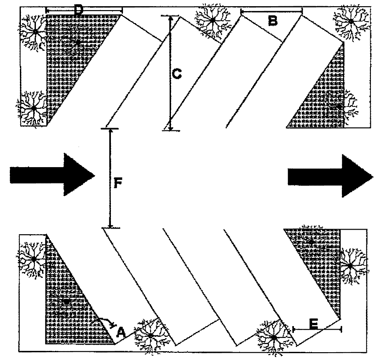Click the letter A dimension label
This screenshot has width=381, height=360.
click(x=120, y=332)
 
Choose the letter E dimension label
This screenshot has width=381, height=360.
click(x=314, y=324)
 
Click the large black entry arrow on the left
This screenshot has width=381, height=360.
click(x=52, y=174)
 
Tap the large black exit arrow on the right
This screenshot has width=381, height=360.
click(x=330, y=176)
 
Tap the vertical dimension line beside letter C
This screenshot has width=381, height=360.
click(x=170, y=73)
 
